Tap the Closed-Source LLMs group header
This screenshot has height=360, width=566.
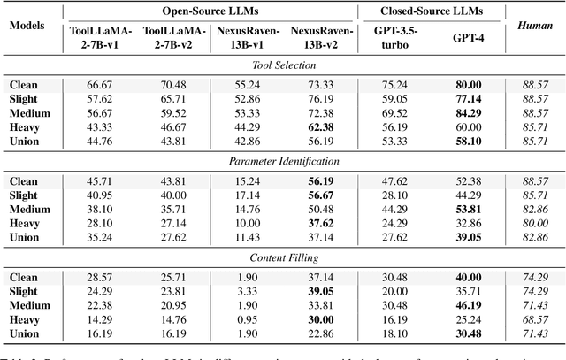click(434, 11)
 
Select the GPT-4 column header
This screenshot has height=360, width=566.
click(469, 39)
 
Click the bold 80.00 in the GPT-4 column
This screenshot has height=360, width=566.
click(469, 86)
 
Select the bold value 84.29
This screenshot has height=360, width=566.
click(469, 112)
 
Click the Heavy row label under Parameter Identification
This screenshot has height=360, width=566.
click(26, 223)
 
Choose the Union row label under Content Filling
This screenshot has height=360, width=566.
click(26, 333)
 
